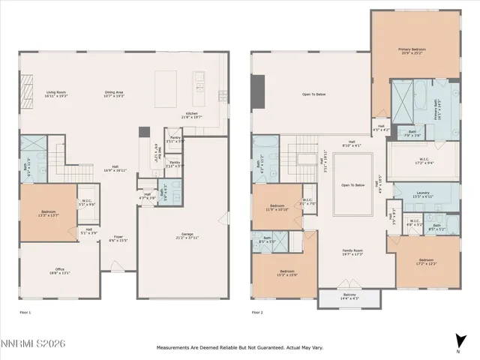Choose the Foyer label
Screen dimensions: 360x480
117,238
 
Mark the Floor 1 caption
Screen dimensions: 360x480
25,311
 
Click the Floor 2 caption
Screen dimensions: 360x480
257,311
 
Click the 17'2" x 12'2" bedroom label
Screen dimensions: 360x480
425,262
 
